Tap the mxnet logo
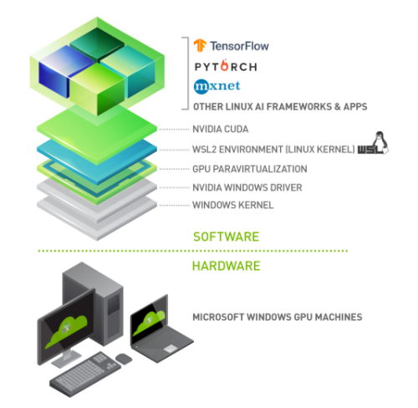click(212, 86)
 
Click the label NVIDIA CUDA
click(221, 130)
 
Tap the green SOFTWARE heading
click(226, 237)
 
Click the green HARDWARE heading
click(227, 266)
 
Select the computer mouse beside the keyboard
click(124, 358)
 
